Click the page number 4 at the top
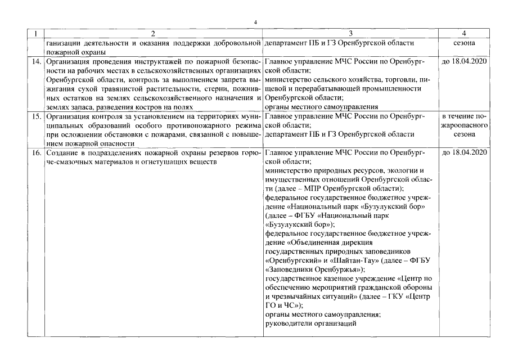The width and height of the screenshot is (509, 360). click(x=255, y=22)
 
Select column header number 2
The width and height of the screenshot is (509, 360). click(x=153, y=34)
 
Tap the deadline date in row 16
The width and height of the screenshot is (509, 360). click(x=465, y=152)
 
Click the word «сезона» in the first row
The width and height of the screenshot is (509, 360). click(x=465, y=43)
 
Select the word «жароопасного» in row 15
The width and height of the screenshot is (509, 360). click(x=465, y=125)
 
